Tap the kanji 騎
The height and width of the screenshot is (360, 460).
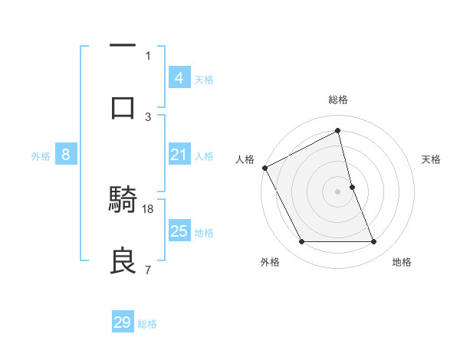(x=123, y=200)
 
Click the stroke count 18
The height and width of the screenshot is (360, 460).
(x=149, y=208)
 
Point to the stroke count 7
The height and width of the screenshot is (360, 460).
(x=149, y=270)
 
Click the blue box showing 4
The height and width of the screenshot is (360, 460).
(x=179, y=77)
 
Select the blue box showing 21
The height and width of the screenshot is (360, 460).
(x=179, y=155)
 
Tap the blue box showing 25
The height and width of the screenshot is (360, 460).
(x=179, y=231)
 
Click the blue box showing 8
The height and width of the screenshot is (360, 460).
(x=66, y=155)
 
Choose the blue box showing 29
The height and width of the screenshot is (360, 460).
(x=122, y=322)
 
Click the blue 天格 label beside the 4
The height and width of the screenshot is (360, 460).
(x=204, y=79)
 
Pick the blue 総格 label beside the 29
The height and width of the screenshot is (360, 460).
(x=147, y=324)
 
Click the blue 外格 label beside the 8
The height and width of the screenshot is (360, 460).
(x=41, y=156)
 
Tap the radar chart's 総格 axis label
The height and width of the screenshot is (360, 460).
(x=338, y=100)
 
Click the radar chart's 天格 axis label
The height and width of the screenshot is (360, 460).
(x=432, y=159)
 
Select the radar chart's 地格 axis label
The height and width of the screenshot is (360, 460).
(x=402, y=262)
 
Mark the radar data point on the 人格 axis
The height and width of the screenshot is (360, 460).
(x=265, y=168)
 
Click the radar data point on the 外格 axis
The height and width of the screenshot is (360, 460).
(x=301, y=242)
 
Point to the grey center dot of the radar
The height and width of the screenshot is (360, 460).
(x=338, y=191)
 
